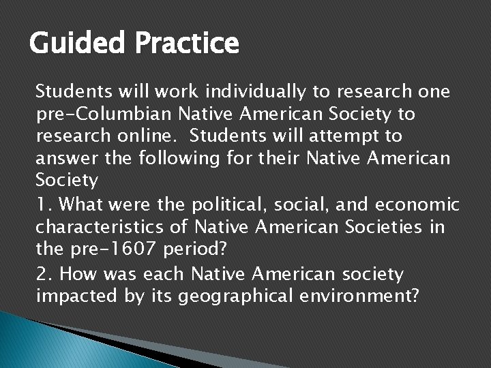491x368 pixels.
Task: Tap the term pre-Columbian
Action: [93, 114]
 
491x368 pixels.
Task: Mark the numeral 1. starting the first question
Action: [42, 204]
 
